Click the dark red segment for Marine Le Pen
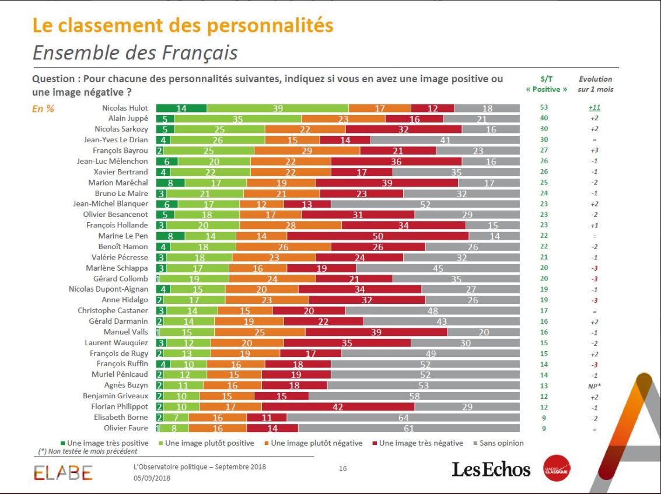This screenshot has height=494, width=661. click(x=377, y=236)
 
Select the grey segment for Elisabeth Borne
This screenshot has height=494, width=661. click(x=403, y=418)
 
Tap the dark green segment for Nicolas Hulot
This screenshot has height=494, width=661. click(x=181, y=108)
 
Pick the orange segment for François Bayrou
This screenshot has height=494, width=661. click(x=307, y=150)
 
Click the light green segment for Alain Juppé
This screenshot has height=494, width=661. click(x=237, y=119)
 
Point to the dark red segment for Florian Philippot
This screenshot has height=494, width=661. click(x=338, y=407)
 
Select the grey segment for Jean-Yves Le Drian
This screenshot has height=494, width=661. click(x=445, y=140)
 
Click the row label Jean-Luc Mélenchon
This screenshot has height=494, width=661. click(x=113, y=161)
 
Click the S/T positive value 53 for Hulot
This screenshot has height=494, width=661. click(x=544, y=108)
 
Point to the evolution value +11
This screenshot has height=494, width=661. click(x=595, y=108)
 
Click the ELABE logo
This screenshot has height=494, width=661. click(x=62, y=472)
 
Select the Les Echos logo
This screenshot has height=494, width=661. click(x=491, y=469)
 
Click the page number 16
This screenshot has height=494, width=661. click(x=343, y=468)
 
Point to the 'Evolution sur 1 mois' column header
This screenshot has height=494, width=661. click(x=596, y=84)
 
